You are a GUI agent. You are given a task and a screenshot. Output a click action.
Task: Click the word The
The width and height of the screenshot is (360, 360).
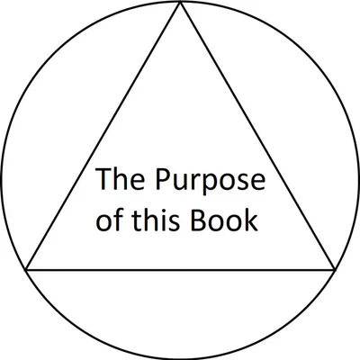(x=120, y=179)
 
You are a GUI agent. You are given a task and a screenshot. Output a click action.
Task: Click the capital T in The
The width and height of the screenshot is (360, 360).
(x=103, y=179)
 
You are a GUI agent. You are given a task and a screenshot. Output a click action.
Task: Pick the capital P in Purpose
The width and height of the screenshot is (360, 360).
(x=163, y=179)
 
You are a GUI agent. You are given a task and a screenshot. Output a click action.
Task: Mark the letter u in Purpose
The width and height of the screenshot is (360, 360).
(x=182, y=183)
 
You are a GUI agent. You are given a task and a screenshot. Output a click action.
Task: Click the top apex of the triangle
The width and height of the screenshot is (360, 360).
(x=180, y=3)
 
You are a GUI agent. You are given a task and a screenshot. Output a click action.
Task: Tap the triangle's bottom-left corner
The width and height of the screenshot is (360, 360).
(x=26, y=270)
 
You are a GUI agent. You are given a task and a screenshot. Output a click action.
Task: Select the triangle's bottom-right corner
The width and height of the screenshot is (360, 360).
(x=335, y=270)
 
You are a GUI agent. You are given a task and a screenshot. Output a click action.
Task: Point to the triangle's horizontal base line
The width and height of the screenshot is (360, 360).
(x=180, y=270)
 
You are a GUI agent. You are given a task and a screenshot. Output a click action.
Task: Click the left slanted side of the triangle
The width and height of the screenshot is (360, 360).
(x=103, y=136)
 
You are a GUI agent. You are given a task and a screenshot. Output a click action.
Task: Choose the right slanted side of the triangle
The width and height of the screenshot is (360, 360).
(x=257, y=136)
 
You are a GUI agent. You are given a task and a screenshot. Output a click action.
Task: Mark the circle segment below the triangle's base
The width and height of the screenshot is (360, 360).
(x=180, y=358)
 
